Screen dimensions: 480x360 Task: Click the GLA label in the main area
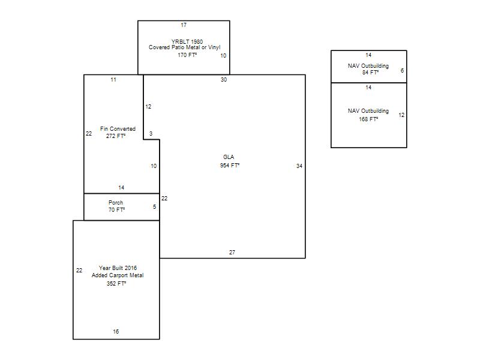pos(229,157)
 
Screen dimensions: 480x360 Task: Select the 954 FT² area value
pos(230,166)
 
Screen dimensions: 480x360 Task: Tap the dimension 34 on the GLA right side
pos(299,166)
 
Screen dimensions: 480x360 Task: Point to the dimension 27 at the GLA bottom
pos(232,252)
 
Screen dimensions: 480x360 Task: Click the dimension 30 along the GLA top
pos(224,80)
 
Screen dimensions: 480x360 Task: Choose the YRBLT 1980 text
pos(187,41)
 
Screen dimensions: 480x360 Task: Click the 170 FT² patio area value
pos(187,55)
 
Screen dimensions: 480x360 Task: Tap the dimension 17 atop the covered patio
pos(184,25)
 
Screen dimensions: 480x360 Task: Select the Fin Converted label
pos(118,129)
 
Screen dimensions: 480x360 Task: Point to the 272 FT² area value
pos(116,136)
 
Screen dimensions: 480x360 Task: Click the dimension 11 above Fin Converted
pos(113,80)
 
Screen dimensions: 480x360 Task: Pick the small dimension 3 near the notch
pos(151,133)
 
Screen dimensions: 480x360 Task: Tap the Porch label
pos(116,203)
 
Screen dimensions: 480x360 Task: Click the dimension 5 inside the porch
pos(154,207)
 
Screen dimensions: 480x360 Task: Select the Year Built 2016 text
pos(118,268)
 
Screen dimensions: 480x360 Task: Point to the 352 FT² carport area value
pos(116,284)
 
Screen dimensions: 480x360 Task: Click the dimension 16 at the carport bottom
pos(116,332)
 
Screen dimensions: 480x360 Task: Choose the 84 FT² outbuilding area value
pos(370,73)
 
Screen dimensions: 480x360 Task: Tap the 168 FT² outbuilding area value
pos(368,119)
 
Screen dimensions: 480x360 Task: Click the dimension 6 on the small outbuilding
pos(402,71)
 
